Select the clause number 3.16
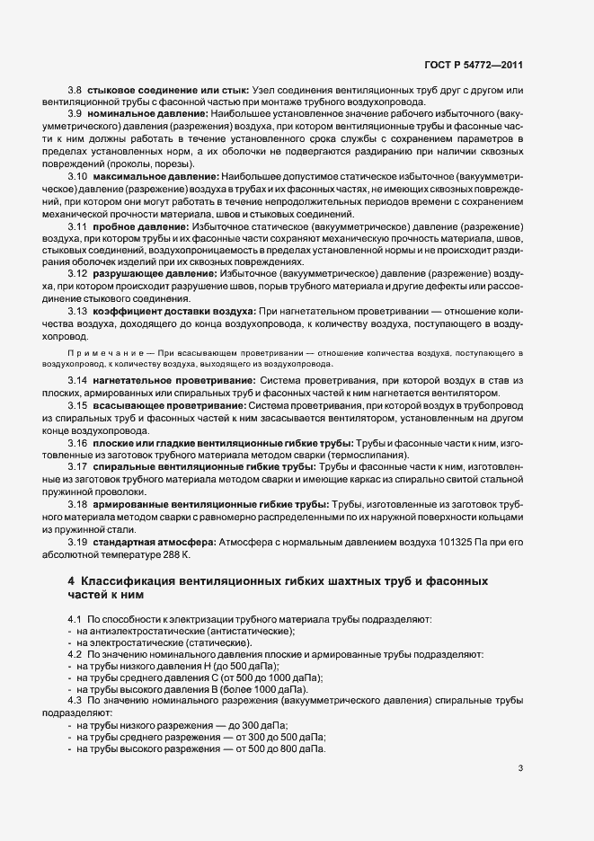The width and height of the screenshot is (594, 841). pos(77,444)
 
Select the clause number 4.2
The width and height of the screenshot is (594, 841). pos(75,655)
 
